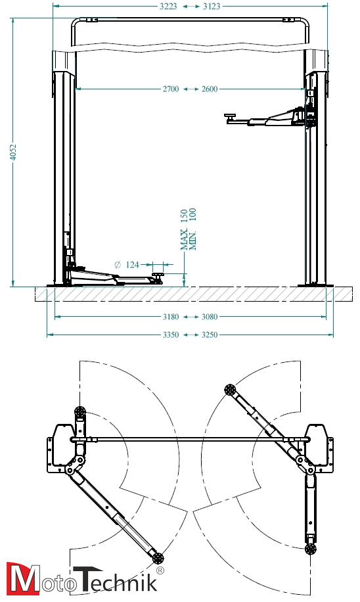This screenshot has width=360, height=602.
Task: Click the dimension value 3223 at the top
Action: (168, 7)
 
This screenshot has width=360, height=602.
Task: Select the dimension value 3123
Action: (212, 7)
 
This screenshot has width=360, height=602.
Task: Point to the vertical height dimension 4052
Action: (13, 152)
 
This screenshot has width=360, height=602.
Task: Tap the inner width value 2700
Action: (171, 89)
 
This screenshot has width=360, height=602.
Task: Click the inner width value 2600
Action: (210, 89)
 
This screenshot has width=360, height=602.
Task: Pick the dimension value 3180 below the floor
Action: (171, 317)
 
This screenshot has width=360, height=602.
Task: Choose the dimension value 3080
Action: (210, 317)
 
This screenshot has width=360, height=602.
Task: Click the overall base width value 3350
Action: (171, 335)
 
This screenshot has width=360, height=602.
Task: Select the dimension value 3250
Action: (210, 335)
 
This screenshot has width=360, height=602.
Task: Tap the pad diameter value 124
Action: (133, 265)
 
